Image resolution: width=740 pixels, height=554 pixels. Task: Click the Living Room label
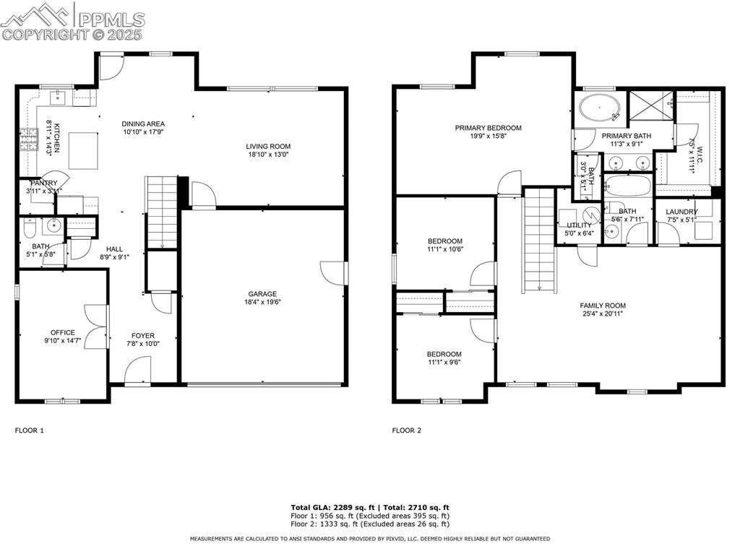click(268, 147)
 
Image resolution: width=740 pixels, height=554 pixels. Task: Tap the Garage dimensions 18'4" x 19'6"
click(263, 303)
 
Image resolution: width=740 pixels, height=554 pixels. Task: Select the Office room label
click(63, 333)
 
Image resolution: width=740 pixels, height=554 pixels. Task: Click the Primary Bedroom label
click(488, 128)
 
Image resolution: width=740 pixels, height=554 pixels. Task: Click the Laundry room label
click(681, 212)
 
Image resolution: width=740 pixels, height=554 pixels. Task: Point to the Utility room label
click(579, 225)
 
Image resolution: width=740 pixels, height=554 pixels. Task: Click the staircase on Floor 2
click(539, 238)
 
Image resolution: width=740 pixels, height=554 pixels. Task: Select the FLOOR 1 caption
click(30, 430)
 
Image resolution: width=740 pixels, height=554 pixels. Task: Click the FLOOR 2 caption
click(407, 430)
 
